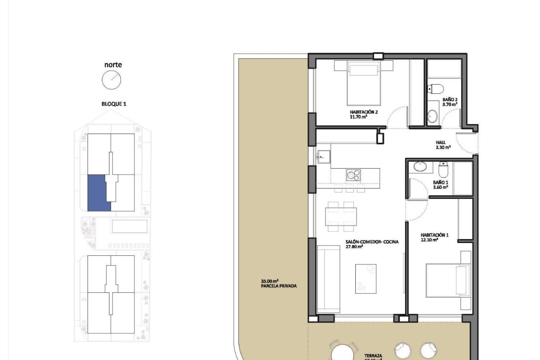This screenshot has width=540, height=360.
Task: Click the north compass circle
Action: [111, 80]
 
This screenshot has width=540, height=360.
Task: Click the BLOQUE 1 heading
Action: [114, 104]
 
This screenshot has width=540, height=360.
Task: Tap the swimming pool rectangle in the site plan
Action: [129, 226]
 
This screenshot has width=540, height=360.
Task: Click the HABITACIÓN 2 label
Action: [363, 112]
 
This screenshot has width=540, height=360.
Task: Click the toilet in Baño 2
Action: [436, 89]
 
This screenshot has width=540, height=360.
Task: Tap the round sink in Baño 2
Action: [432, 116]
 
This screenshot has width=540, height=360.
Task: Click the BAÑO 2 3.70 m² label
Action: [450, 102]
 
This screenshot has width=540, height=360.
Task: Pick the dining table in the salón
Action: [341, 217]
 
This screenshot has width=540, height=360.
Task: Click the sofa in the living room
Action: [328, 279]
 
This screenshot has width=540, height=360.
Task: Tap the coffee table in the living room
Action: [365, 279]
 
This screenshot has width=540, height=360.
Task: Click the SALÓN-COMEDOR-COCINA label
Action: [372, 242]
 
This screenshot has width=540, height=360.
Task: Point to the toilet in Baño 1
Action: [443, 170]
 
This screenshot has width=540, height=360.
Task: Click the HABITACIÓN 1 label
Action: [434, 235]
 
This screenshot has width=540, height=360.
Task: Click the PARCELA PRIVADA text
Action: [278, 286]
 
